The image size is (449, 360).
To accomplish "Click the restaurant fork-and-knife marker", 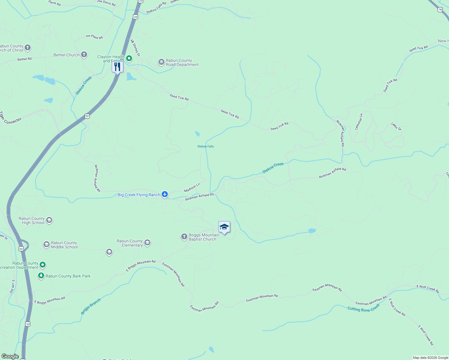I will [x=117, y=67].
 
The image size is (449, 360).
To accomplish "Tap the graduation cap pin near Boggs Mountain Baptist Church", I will [x=224, y=227].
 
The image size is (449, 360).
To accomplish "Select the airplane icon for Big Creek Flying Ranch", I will [x=165, y=195].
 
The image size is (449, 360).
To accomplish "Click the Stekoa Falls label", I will [x=206, y=146].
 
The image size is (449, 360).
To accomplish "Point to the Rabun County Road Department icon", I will [x=161, y=62].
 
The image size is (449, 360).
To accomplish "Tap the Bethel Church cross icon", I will [x=84, y=55].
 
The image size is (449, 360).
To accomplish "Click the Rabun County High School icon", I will [x=49, y=220].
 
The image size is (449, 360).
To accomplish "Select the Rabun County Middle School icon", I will [x=46, y=244].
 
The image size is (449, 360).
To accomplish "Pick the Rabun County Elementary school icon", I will [x=147, y=243].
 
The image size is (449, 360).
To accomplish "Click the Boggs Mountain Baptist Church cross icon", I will [x=184, y=237].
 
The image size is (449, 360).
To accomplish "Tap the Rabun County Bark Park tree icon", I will [x=41, y=276].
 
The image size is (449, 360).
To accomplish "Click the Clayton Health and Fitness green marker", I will [x=129, y=58].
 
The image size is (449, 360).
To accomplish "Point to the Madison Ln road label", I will [x=192, y=188].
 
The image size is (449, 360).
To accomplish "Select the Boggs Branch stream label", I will [x=91, y=306].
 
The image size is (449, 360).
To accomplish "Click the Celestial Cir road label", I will [x=359, y=121].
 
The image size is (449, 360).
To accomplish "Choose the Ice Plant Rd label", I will [x=94, y=37].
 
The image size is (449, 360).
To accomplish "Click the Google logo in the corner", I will [x=10, y=356].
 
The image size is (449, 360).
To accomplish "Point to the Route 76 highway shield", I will [x=440, y=10].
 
